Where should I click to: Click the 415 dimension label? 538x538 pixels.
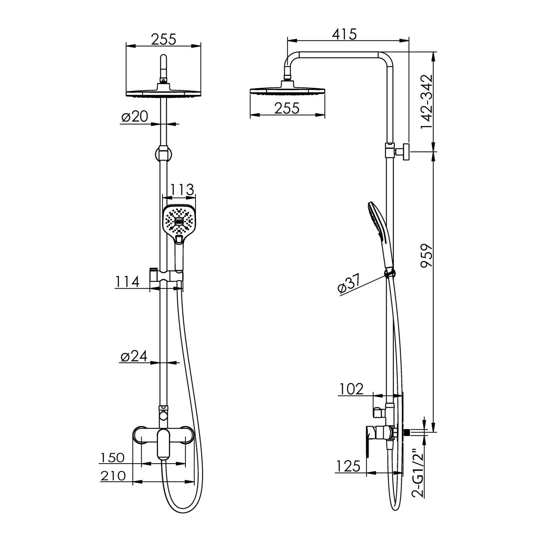click(x=344, y=34)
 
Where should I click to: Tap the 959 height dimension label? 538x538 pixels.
click(x=427, y=256)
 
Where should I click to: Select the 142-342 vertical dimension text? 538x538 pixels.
click(x=427, y=102)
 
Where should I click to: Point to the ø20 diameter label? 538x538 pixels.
click(x=134, y=116)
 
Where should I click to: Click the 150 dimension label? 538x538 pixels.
click(x=112, y=458)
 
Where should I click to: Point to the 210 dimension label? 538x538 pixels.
click(x=113, y=475)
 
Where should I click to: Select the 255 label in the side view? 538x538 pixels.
click(x=287, y=108)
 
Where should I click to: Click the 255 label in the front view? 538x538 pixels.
click(x=164, y=39)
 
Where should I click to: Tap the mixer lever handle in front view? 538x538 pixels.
click(x=164, y=447)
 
